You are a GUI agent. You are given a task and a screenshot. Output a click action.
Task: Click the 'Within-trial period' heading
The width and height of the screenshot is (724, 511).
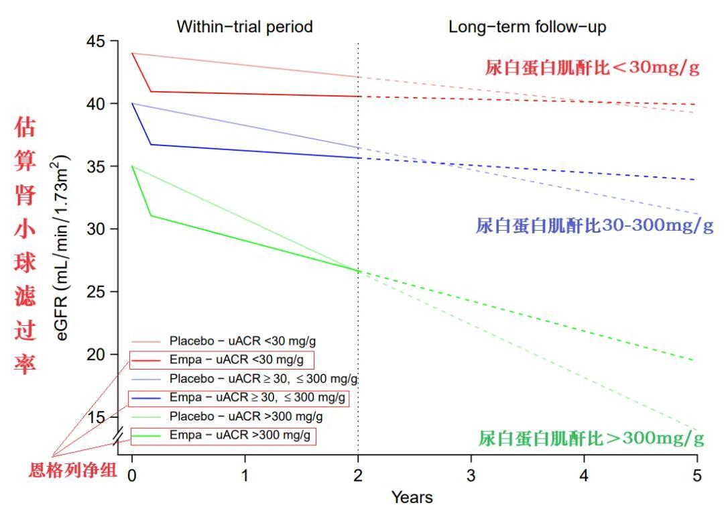click(245, 27)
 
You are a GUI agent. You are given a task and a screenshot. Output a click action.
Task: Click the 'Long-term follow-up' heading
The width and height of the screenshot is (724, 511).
click(528, 27)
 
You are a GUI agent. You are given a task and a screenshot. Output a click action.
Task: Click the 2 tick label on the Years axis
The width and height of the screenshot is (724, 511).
click(358, 476)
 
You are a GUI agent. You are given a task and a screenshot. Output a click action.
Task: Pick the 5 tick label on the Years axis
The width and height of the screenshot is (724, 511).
click(697, 476)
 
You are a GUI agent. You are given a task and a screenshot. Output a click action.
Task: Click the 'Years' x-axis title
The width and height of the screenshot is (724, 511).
click(412, 498)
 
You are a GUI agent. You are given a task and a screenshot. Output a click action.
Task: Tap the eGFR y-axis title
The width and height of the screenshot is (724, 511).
click(63, 248)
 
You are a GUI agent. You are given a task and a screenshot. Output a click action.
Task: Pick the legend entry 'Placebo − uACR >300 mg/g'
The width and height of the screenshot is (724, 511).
click(245, 417)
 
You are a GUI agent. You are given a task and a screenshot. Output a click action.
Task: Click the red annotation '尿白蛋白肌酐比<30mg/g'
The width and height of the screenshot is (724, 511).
click(593, 68)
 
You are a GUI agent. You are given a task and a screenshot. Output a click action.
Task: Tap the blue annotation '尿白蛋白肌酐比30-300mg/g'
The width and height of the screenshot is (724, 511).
click(595, 226)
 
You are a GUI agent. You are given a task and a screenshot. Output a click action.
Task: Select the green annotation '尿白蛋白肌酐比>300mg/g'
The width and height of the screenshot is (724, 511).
click(591, 439)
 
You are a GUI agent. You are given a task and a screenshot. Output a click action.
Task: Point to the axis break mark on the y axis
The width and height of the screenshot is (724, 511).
click(119, 436)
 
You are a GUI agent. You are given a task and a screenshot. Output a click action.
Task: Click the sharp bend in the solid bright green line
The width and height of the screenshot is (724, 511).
click(151, 215)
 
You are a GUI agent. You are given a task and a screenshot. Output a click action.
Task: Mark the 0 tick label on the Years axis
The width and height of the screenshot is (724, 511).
click(132, 476)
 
